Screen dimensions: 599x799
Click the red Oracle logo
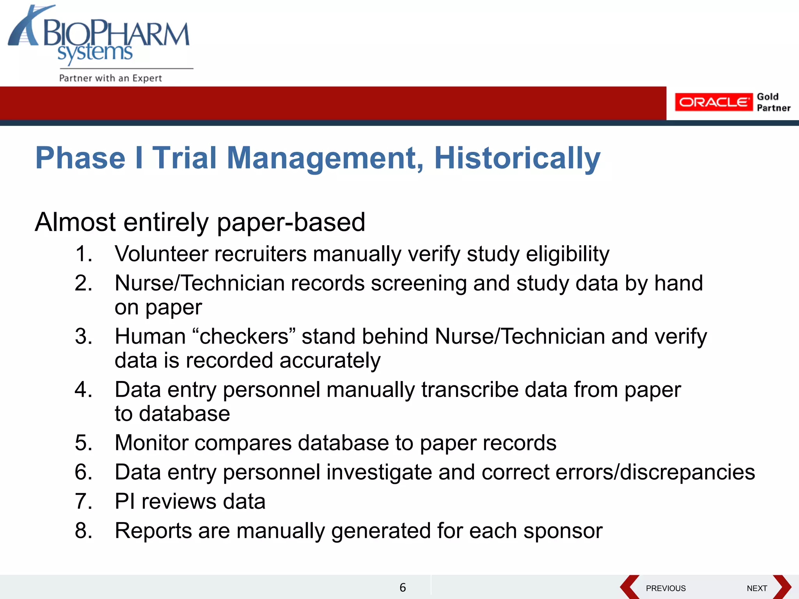[713, 102]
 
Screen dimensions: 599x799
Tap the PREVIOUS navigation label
[666, 588]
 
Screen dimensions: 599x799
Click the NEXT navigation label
[757, 588]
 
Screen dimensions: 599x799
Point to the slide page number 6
[403, 587]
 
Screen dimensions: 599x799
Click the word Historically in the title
[517, 158]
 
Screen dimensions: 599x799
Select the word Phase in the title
[80, 158]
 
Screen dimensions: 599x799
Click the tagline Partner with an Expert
[110, 78]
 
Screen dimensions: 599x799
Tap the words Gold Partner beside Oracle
[773, 102]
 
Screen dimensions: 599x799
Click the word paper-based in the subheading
[291, 222]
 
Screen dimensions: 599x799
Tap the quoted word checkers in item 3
[244, 336]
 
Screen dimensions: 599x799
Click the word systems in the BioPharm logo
[95, 53]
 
